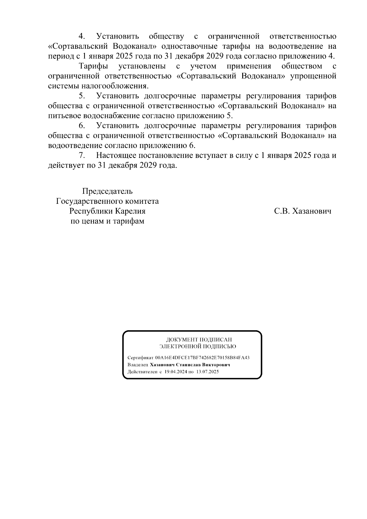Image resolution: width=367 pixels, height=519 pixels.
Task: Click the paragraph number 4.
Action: pyautogui.click(x=82, y=37)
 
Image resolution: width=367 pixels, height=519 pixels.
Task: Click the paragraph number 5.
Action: pyautogui.click(x=82, y=96)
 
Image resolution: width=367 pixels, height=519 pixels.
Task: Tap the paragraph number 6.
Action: pyautogui.click(x=82, y=126)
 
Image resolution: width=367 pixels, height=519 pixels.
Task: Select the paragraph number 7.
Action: pyautogui.click(x=82, y=155)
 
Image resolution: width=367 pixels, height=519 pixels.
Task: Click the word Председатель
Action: pyautogui.click(x=107, y=191)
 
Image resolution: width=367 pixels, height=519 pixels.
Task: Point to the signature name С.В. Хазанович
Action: pyautogui.click(x=303, y=211)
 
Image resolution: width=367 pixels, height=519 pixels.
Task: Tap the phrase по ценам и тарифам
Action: pyautogui.click(x=107, y=221)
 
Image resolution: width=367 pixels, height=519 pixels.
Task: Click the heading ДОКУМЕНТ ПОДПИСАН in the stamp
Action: pyautogui.click(x=199, y=340)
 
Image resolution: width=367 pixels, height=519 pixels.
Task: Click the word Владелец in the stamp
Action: pyautogui.click(x=138, y=365)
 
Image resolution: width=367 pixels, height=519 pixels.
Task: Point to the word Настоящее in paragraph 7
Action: pyautogui.click(x=116, y=155)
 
